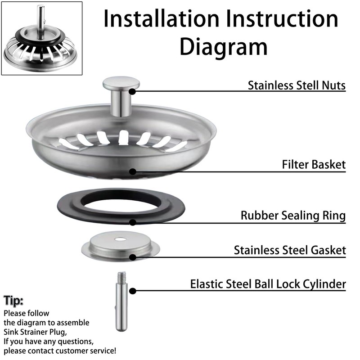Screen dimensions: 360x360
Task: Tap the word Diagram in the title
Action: [223, 47]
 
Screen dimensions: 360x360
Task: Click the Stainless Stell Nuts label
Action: [297, 85]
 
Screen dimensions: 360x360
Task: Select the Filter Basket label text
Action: [314, 165]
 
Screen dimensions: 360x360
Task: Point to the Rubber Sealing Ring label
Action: [293, 216]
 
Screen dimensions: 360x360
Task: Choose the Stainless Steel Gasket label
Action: [290, 250]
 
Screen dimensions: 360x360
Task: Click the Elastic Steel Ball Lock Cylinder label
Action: [268, 284]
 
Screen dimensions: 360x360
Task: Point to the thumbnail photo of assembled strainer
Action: [42, 38]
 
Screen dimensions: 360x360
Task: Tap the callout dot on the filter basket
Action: [132, 171]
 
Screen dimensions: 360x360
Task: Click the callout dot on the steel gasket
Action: [132, 257]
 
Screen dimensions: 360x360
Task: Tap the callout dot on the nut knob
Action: [132, 91]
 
